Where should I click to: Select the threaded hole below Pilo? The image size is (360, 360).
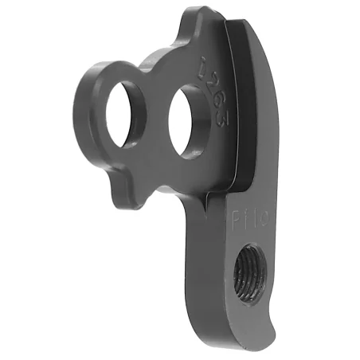point(246,276)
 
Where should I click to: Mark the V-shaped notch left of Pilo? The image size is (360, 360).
point(207,205)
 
